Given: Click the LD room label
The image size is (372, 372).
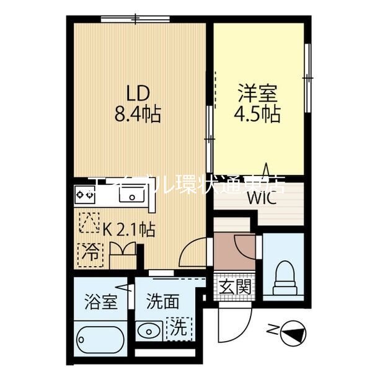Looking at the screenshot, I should click(x=138, y=94).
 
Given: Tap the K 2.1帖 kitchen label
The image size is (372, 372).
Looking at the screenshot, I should click(x=128, y=229).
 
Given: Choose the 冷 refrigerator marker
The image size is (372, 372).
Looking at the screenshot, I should click(x=91, y=252).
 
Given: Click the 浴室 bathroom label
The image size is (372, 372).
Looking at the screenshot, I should click(x=100, y=303).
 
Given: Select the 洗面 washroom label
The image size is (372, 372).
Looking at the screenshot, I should click(x=162, y=303).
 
